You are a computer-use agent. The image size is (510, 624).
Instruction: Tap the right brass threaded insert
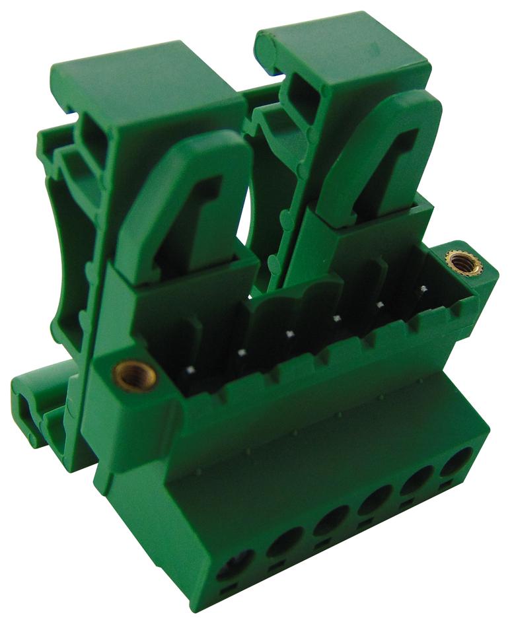[455, 262]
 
